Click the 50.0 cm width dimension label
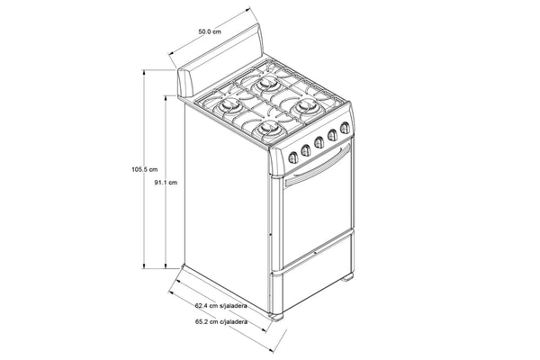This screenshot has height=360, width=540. (x=209, y=31)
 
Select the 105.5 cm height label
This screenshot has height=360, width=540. (x=144, y=168)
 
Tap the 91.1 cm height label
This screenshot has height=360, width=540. (x=166, y=183)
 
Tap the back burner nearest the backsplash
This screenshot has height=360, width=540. (x=269, y=83)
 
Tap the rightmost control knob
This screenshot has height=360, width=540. (x=344, y=134)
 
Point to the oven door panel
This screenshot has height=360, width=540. (x=315, y=211)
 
